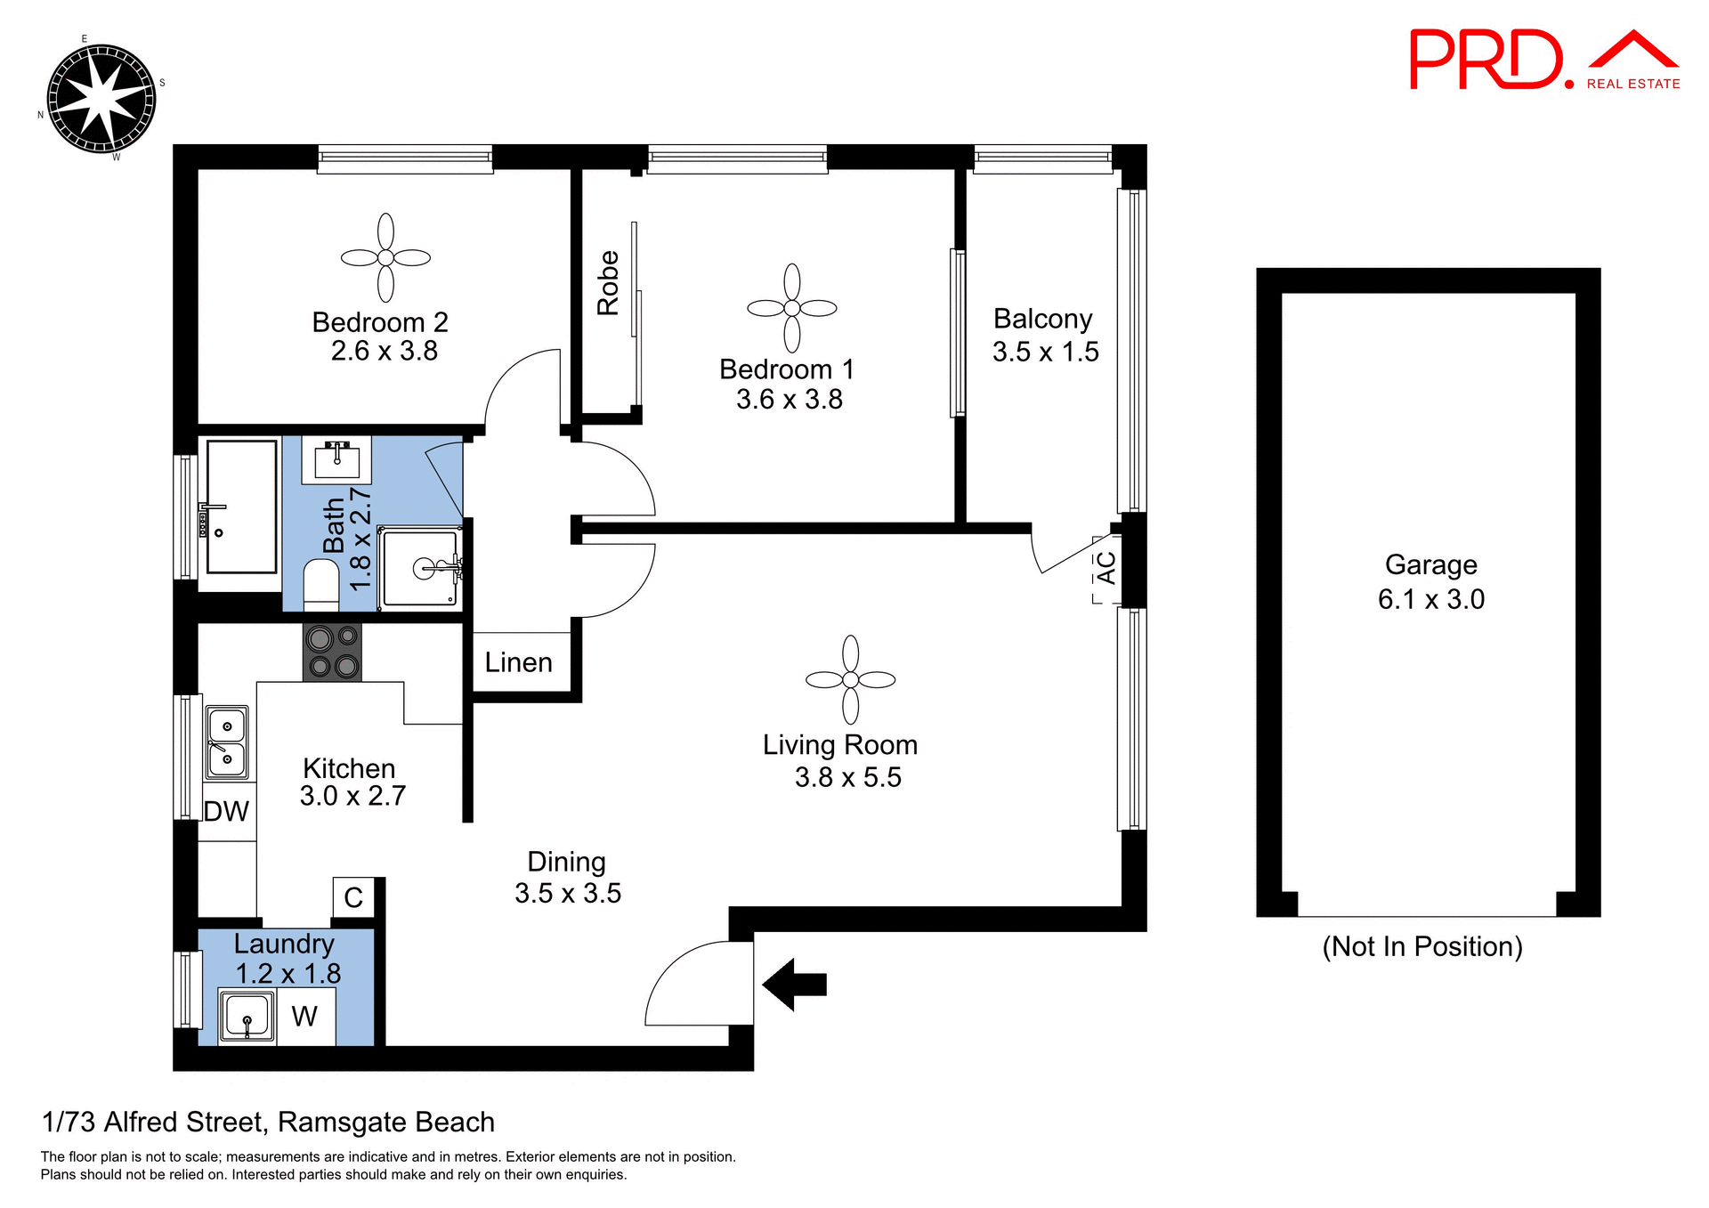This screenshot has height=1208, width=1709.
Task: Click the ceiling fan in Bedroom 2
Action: (x=385, y=258)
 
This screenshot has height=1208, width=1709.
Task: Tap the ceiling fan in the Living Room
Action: (x=850, y=680)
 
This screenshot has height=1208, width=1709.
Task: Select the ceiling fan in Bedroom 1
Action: (x=791, y=308)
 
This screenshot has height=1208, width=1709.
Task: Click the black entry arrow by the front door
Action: (x=795, y=985)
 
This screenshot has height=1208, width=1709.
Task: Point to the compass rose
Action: (x=101, y=99)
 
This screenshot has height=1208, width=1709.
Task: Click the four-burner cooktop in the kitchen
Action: (x=332, y=653)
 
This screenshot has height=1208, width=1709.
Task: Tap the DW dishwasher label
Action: (x=226, y=811)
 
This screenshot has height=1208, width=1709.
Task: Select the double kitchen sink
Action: (x=227, y=742)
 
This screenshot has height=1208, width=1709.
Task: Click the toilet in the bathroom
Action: (x=321, y=584)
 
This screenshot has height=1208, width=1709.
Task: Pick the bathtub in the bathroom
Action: (x=241, y=506)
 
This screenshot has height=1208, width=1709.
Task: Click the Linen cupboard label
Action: (x=518, y=662)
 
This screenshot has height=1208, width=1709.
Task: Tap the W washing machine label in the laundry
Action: (x=304, y=1016)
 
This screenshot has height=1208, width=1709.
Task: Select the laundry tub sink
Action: (x=247, y=1017)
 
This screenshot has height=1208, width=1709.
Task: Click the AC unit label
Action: (x=1106, y=568)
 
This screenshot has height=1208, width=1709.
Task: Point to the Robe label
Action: (x=608, y=283)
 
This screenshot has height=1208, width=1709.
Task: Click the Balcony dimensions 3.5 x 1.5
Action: (x=1045, y=352)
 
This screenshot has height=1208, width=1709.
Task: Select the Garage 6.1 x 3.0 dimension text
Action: (x=1430, y=599)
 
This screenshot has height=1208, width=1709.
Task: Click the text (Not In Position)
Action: (x=1421, y=946)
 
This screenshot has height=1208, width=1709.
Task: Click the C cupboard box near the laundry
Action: (x=353, y=897)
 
